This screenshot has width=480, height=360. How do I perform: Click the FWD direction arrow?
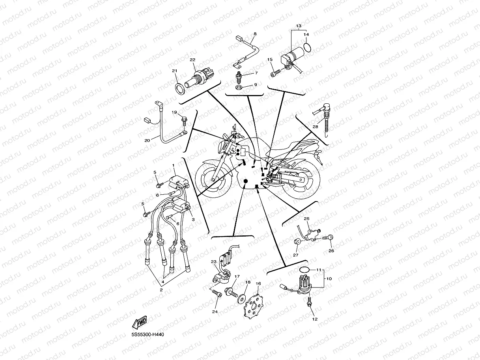pyautogui.click(x=140, y=322)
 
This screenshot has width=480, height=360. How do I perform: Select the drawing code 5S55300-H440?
pyautogui.click(x=148, y=335)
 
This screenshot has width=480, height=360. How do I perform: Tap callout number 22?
pyautogui.click(x=192, y=60)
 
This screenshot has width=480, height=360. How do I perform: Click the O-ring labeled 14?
pyautogui.click(x=308, y=48)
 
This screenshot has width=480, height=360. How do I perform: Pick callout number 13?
pyautogui.click(x=299, y=26)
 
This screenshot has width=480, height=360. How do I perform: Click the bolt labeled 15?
pyautogui.click(x=276, y=74)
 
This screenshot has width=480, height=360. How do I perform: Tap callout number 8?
pyautogui.click(x=255, y=34)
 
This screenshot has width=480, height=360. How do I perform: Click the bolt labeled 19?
pyautogui.click(x=184, y=119)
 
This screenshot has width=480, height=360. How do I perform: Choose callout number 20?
pyautogui.click(x=147, y=140)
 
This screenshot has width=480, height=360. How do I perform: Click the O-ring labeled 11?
pyautogui.click(x=303, y=269)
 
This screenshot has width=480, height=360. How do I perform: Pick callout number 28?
pyautogui.click(x=315, y=127)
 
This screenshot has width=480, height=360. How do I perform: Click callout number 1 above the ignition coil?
pyautogui.click(x=173, y=164)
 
